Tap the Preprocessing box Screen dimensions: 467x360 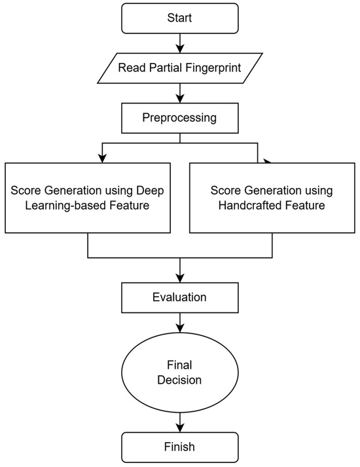tap(179, 119)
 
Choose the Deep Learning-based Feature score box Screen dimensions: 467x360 tap(88, 198)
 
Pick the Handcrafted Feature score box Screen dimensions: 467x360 tap(271, 198)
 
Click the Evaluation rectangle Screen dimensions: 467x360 tap(179, 297)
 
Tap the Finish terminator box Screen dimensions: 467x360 tap(179, 447)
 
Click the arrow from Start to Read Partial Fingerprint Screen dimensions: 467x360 tap(179, 44)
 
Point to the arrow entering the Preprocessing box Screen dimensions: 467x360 tap(179, 94)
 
